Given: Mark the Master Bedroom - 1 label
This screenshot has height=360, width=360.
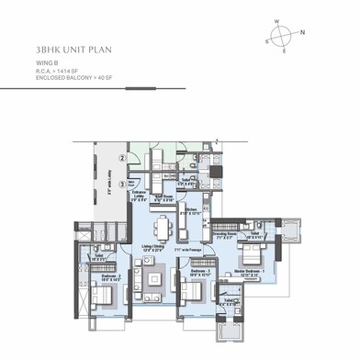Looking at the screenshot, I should click(250, 272).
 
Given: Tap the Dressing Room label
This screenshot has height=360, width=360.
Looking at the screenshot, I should click(225, 235).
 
